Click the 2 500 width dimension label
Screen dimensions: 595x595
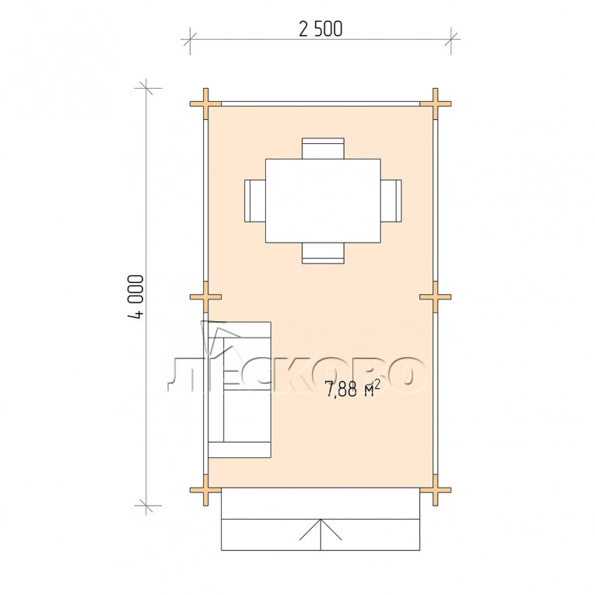tap(320, 30)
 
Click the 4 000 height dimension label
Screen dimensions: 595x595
tap(136, 296)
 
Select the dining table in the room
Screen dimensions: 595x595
tap(323, 201)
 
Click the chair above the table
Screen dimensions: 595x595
tap(323, 149)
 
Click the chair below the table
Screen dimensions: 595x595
tap(323, 253)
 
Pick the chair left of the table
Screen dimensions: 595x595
tap(255, 201)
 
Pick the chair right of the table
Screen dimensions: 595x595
tap(391, 201)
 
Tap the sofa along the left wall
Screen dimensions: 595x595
tap(240, 390)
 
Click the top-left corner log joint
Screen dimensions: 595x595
tap(205, 103)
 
